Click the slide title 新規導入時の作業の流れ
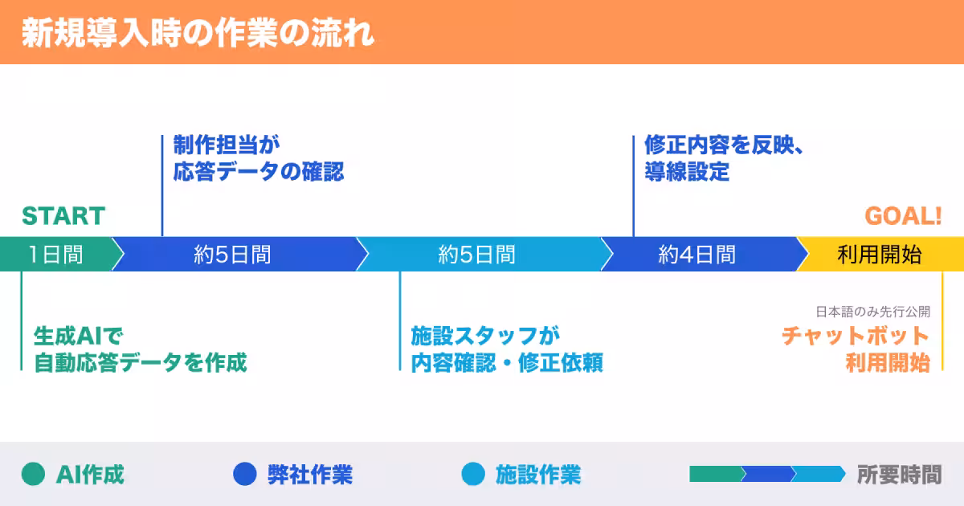[x=198, y=34]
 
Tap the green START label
[x=63, y=216]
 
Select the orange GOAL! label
[x=903, y=216]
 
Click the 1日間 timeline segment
[x=55, y=255]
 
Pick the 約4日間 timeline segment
[x=696, y=255]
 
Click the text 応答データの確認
[x=259, y=172]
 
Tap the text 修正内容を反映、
[x=724, y=145]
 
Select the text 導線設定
[x=687, y=172]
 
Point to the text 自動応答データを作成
[x=140, y=362]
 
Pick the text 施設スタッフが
[x=485, y=335]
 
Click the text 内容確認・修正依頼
[x=507, y=362]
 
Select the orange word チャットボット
[x=856, y=335]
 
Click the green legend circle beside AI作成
[x=34, y=475]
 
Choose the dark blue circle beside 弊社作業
[x=244, y=475]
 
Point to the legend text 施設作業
[x=537, y=475]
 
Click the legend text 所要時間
[x=899, y=475]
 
